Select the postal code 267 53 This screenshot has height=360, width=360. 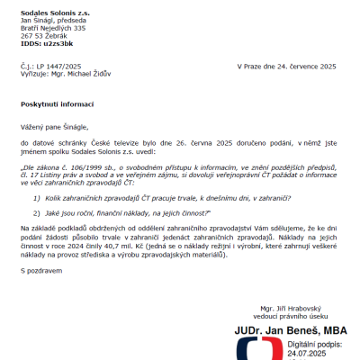click(33, 36)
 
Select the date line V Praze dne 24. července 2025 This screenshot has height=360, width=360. click(286, 66)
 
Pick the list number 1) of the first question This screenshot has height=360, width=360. click(37, 196)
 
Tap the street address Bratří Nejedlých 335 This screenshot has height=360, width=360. click(53, 28)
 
